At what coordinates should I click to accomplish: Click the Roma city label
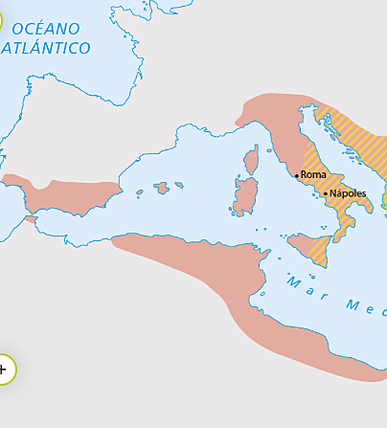point(314,174)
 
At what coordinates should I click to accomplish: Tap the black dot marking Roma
point(296,174)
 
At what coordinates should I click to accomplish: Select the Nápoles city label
point(349,193)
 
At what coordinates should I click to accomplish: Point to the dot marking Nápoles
point(326,193)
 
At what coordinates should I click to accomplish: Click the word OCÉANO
point(46,29)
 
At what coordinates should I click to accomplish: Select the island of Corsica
point(253,160)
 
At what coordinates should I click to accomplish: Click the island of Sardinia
point(246,195)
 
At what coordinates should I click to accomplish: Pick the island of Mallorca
point(163,188)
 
